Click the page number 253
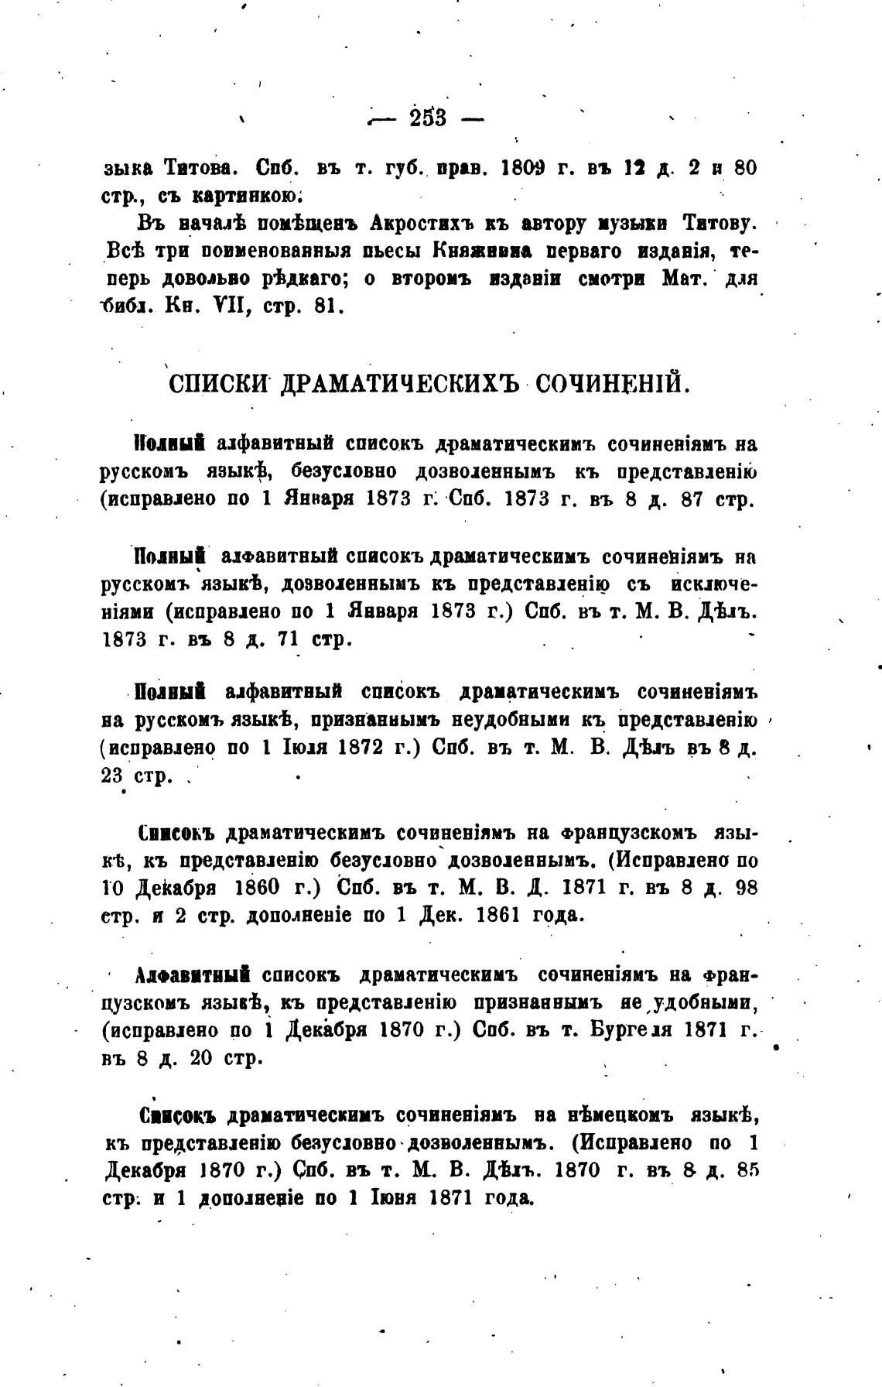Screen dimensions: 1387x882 [428, 118]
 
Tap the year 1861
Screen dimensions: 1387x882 [503, 915]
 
